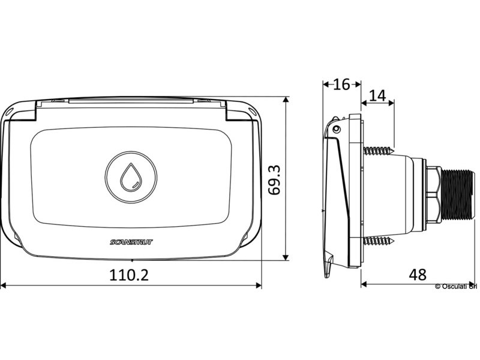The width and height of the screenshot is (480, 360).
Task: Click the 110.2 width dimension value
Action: (x=129, y=275)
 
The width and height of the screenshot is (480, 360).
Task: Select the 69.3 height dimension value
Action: (x=274, y=179)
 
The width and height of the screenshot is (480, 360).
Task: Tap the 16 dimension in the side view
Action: (x=341, y=84)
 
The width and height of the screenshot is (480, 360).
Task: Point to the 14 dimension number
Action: (x=378, y=95)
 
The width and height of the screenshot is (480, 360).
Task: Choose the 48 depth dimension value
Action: (x=418, y=275)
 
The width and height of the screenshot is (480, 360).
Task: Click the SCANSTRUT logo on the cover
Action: (x=131, y=242)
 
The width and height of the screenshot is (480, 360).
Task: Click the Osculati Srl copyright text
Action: (x=456, y=286)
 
